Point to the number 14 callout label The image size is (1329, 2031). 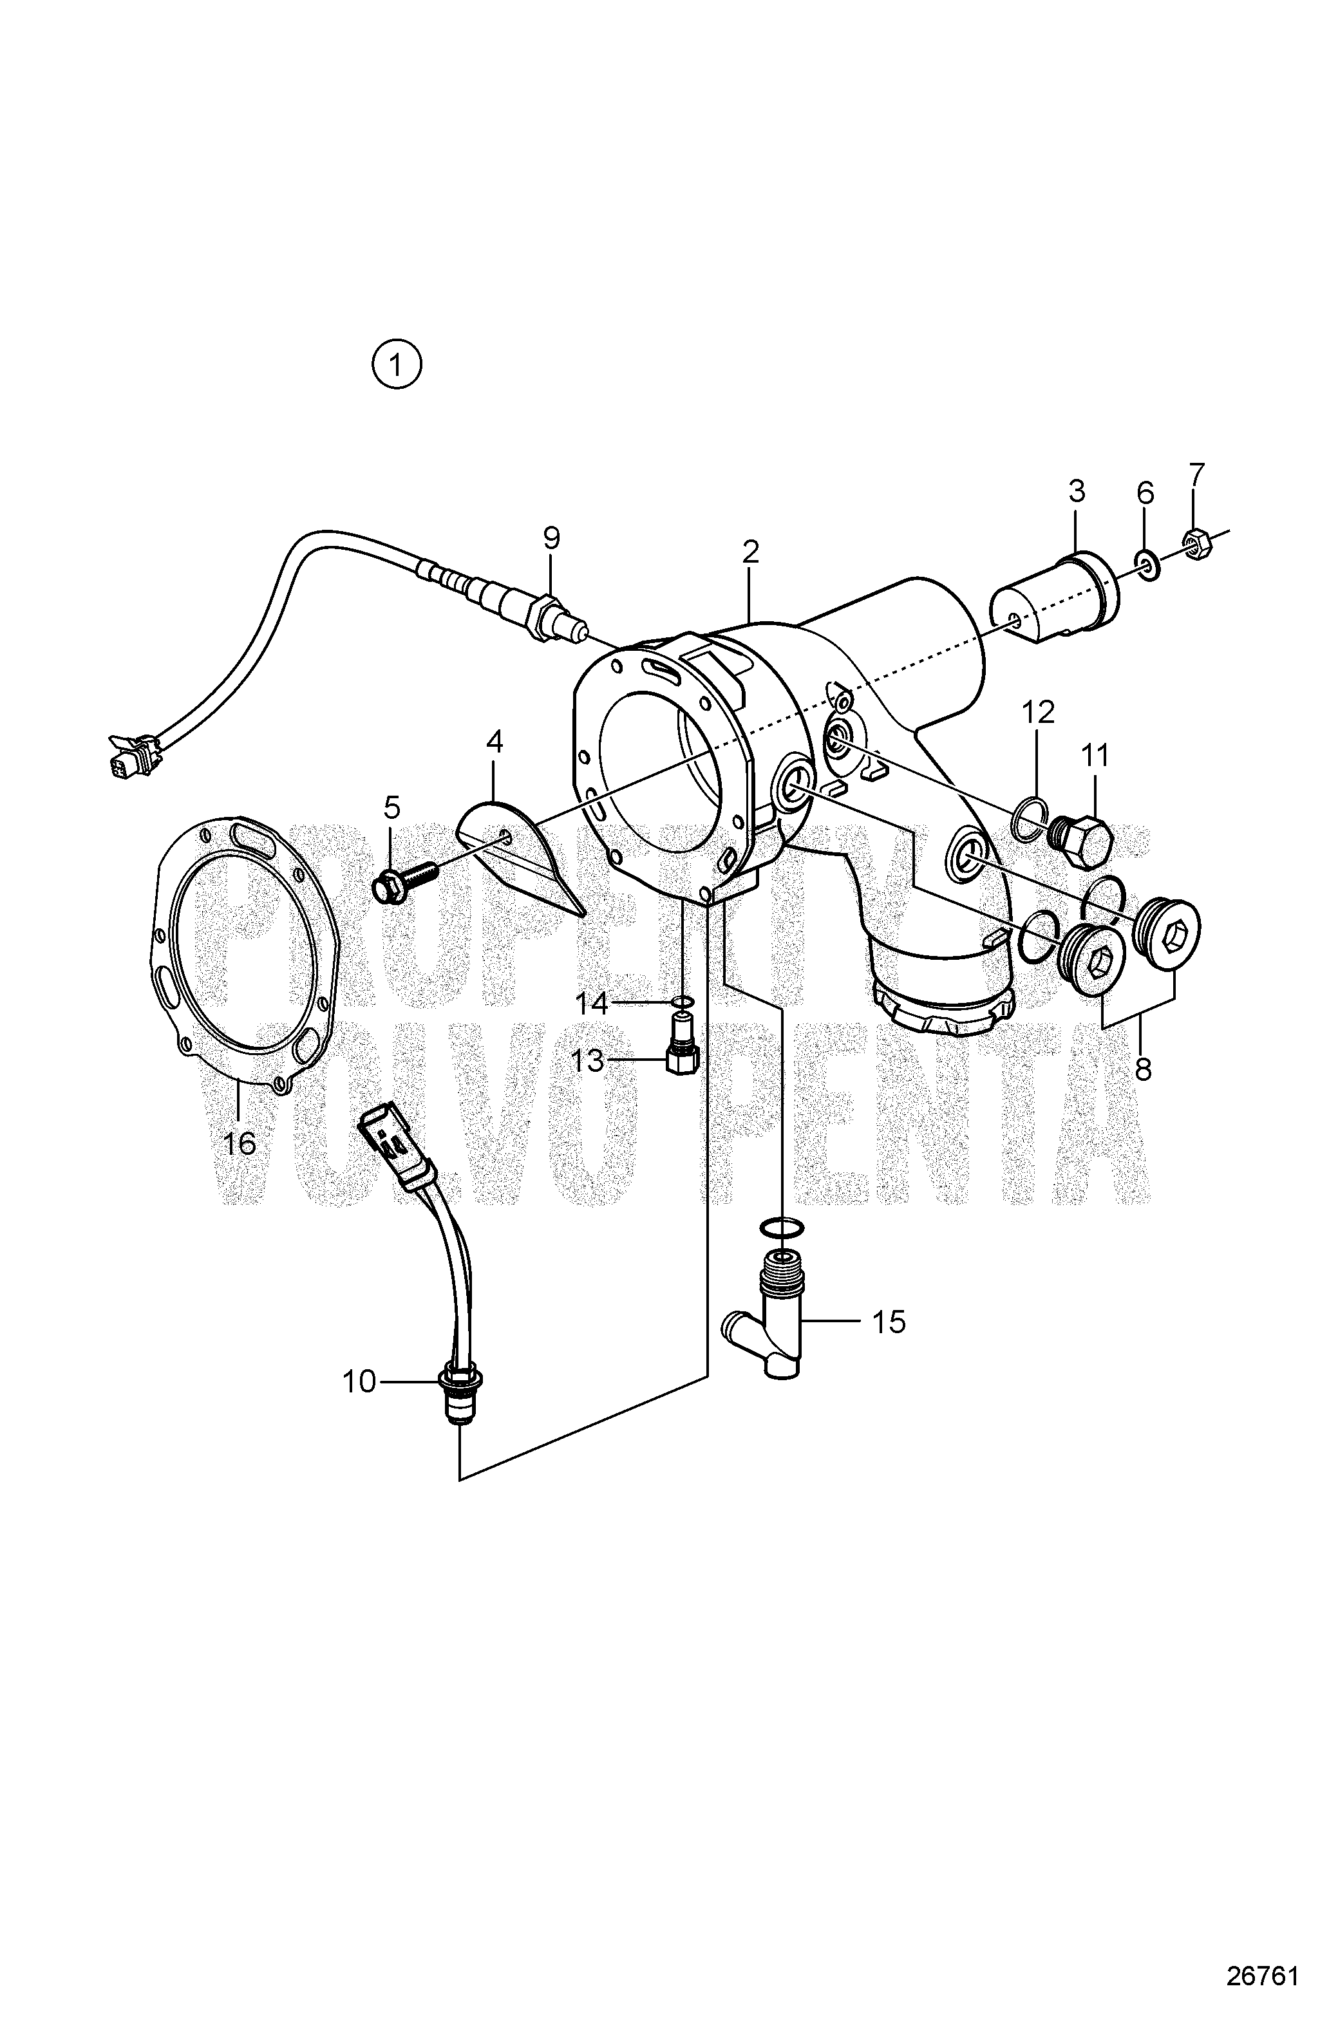(590, 1004)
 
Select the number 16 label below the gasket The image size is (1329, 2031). (239, 1142)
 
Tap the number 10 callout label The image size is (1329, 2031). (359, 1381)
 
